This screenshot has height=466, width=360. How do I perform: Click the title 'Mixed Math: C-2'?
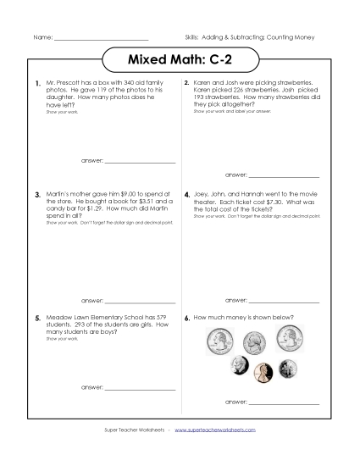coord(180,61)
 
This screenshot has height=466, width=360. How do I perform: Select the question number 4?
coord(186,195)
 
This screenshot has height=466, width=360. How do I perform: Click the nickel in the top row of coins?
coord(253,342)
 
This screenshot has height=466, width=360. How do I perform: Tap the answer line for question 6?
coord(284,401)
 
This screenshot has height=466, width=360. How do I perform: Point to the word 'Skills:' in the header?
coord(193,39)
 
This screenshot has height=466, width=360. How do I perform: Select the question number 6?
coord(186,318)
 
